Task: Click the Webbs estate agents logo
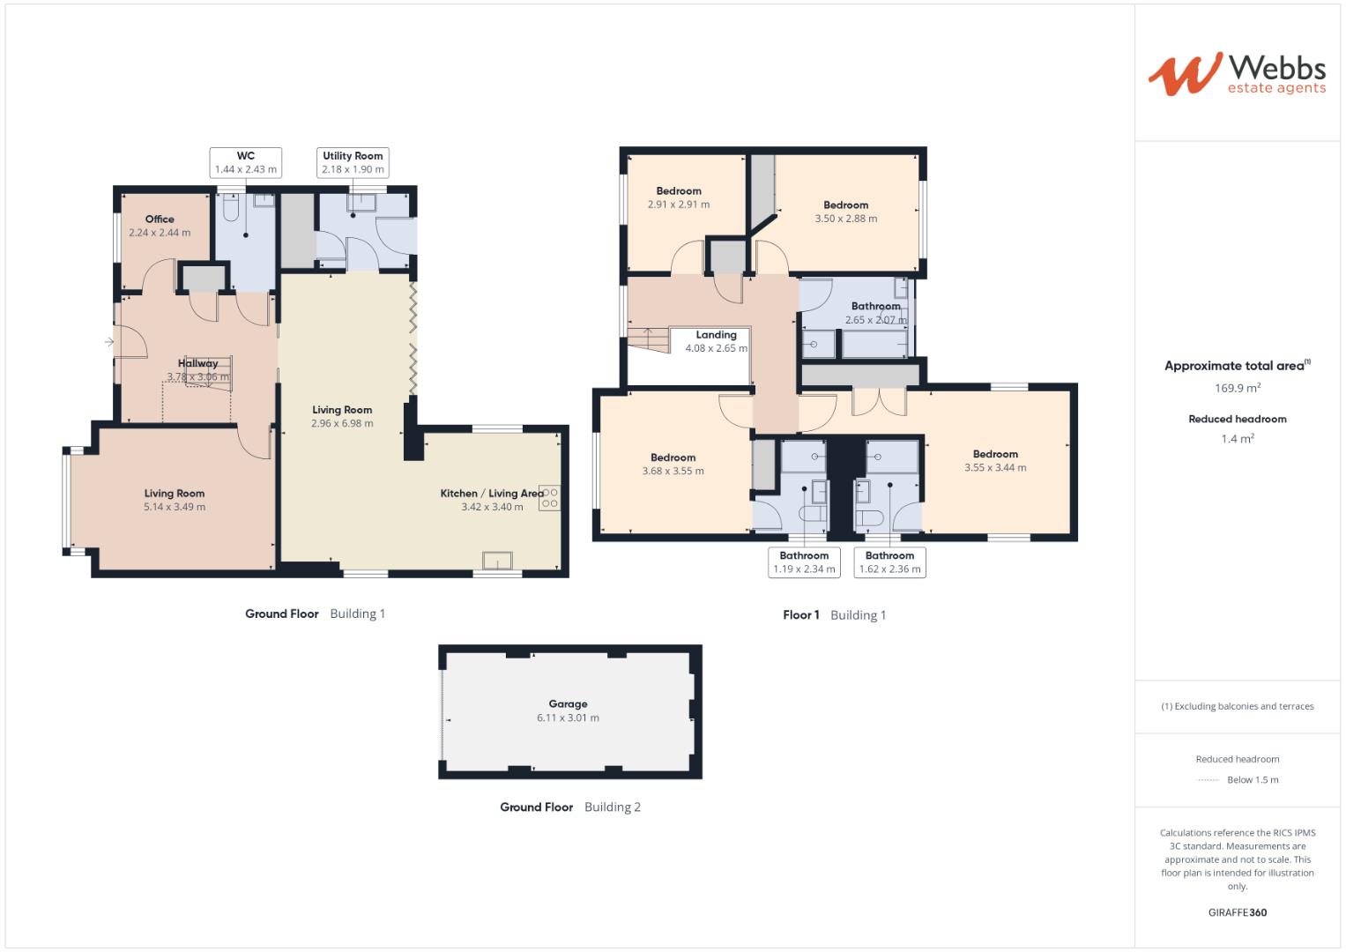click(x=1236, y=73)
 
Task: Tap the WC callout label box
click(x=246, y=163)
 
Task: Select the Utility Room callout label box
click(x=353, y=163)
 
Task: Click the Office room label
click(x=160, y=219)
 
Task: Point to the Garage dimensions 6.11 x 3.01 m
click(x=568, y=718)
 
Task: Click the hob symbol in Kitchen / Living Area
click(x=549, y=498)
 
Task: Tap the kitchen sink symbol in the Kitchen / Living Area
click(x=497, y=562)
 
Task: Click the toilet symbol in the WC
click(x=232, y=208)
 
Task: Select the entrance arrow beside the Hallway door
click(x=109, y=341)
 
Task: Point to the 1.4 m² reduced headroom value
click(x=1238, y=439)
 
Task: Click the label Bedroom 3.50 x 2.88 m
click(x=845, y=212)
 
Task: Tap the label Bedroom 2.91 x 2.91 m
click(x=679, y=197)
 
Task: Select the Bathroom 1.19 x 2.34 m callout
click(x=804, y=562)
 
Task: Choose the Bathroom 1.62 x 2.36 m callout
click(x=889, y=562)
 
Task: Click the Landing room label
click(x=716, y=335)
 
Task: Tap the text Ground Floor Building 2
click(x=569, y=807)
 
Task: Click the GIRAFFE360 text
click(x=1238, y=913)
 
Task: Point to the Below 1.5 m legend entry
click(x=1252, y=780)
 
